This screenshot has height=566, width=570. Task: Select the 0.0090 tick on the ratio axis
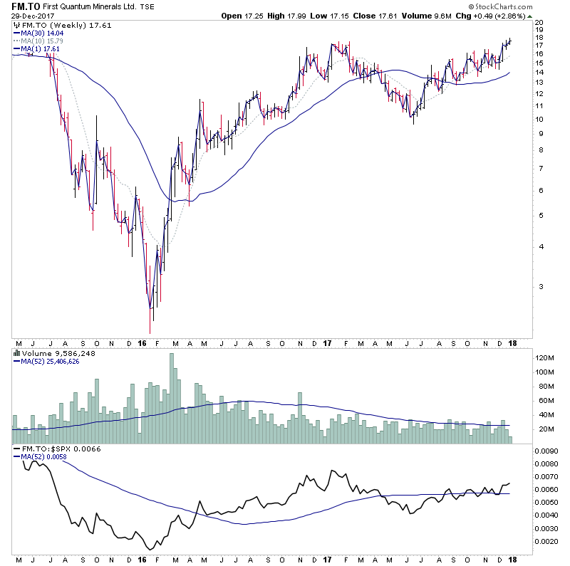(x=548, y=450)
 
